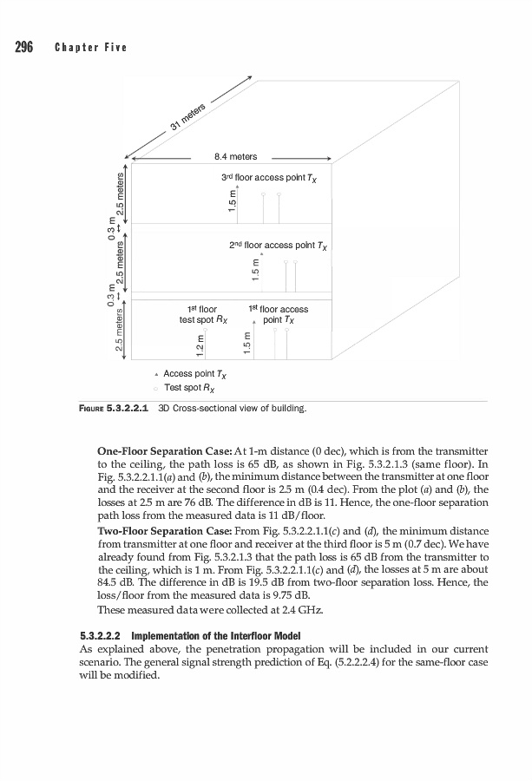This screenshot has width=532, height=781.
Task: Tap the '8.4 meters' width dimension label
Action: tap(235, 157)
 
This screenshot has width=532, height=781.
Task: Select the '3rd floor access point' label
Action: tap(270, 179)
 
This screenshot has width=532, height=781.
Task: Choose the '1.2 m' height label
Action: tap(200, 344)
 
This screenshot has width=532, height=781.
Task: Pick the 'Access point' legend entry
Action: tap(189, 374)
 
